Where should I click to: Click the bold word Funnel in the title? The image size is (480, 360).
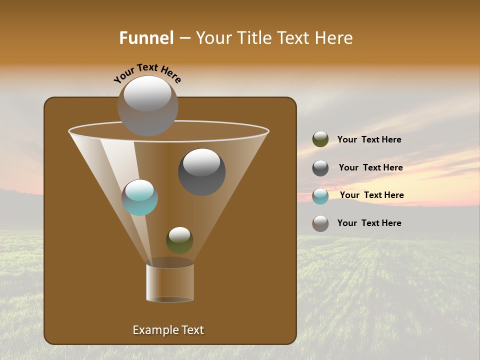146,38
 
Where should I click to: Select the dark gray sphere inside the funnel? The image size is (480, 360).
201,172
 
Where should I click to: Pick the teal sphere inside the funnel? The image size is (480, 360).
140,198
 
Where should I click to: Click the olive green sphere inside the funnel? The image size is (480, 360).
179,240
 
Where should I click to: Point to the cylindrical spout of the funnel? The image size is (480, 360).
170,283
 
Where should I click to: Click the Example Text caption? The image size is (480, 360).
168,330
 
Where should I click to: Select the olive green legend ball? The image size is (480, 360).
320,139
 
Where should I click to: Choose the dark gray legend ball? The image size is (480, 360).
320,168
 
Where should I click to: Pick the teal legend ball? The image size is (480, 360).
320,196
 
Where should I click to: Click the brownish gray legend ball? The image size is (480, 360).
320,223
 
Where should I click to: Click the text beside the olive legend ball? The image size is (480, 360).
369,140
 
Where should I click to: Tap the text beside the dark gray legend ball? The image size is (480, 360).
370,168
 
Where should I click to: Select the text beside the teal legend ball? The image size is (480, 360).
371,195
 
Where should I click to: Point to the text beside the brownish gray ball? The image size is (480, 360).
369,223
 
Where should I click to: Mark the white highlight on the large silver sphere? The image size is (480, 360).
147,93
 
